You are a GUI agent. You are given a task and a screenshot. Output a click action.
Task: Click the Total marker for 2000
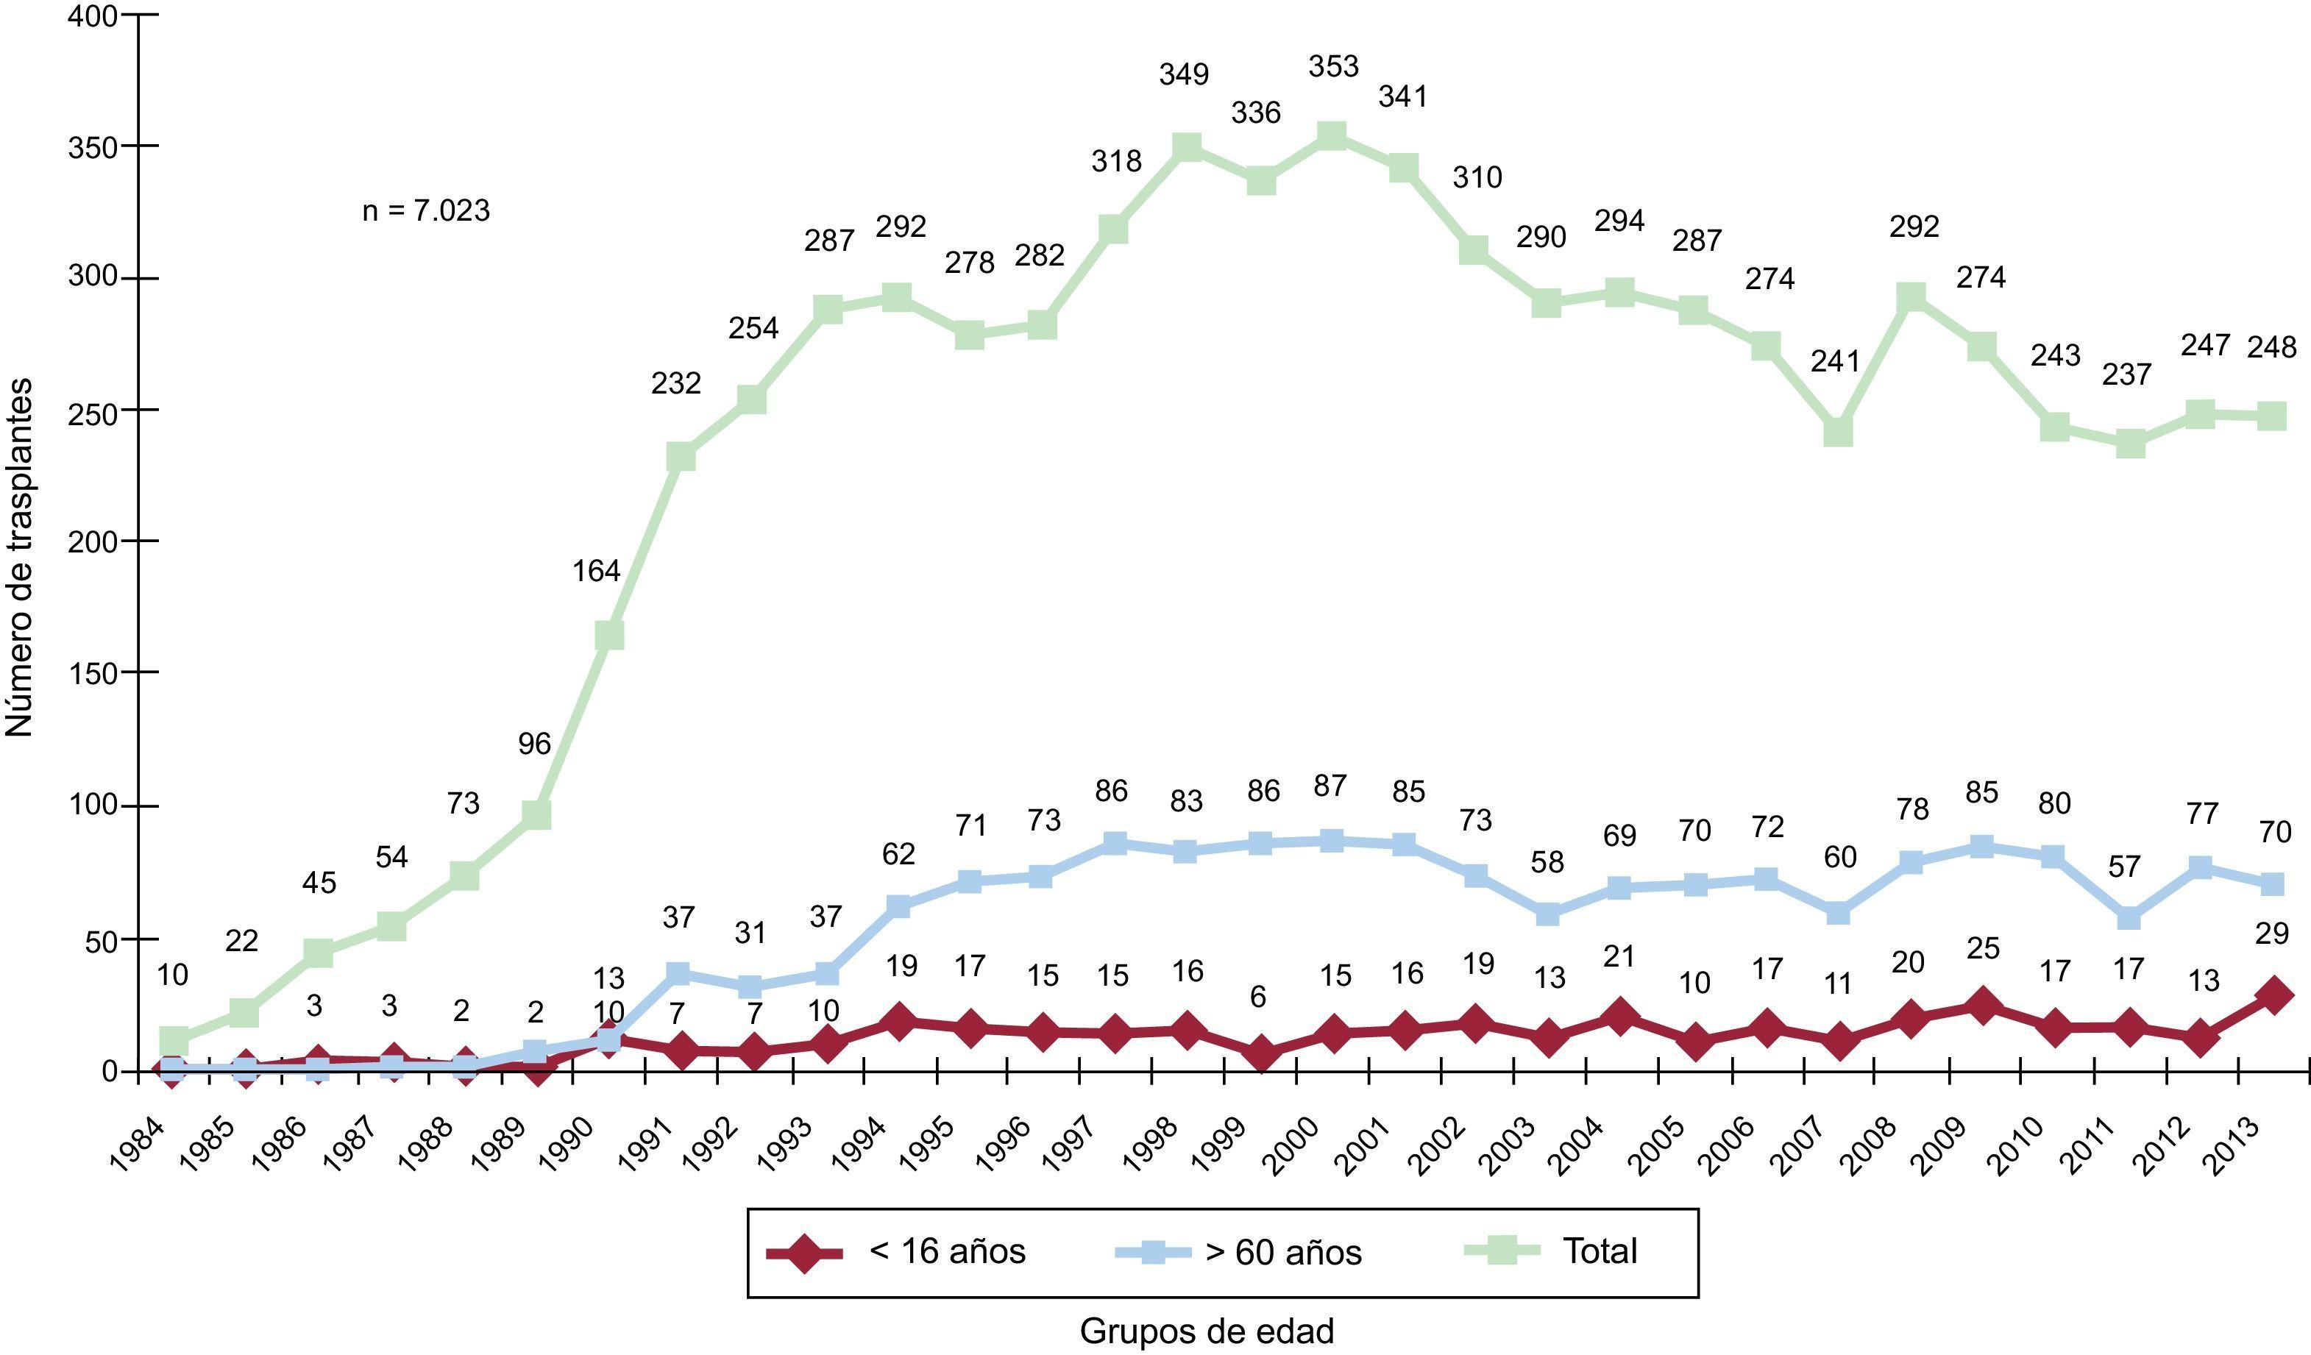pos(1332,138)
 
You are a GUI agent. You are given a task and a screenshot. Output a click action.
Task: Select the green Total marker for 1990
pos(609,636)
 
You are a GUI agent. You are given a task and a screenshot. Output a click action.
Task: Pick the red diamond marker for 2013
pos(2273,995)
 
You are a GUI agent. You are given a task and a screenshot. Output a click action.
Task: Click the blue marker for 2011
pos(2129,918)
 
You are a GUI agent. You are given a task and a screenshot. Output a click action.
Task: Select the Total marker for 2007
pos(1838,432)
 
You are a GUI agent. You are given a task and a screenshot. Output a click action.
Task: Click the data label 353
pos(1332,66)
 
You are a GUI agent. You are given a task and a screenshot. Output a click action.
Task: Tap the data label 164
pos(596,571)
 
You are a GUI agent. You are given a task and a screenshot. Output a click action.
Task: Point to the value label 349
pos(1184,74)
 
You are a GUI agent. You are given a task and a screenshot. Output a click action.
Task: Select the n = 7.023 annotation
pos(427,212)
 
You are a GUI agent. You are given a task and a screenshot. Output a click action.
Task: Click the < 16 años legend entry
pos(897,1251)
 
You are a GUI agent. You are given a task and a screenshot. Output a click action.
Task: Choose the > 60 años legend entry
pos(1239,1251)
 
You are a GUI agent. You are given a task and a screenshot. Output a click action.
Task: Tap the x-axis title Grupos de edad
pos(1207,1331)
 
